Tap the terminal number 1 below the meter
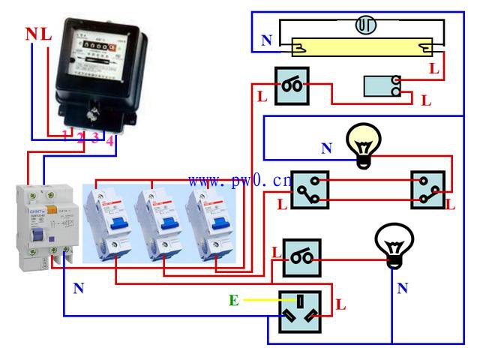(x=65, y=136)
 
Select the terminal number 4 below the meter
(x=109, y=139)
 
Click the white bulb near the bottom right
(x=392, y=244)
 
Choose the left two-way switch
(x=309, y=190)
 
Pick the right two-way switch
(x=428, y=190)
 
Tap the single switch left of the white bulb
(x=301, y=258)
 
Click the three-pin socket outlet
(x=299, y=311)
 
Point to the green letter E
(x=234, y=301)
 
